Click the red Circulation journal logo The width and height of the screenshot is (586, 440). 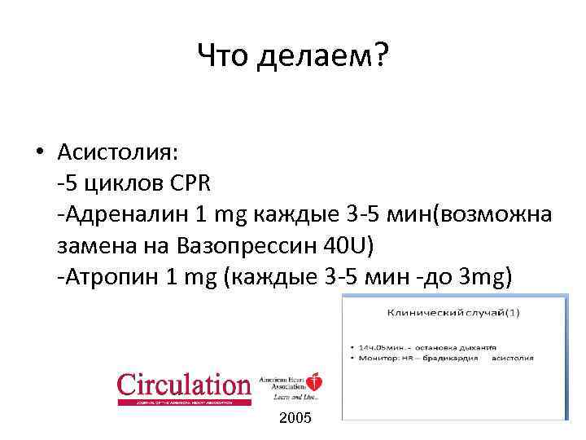pos(184,388)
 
